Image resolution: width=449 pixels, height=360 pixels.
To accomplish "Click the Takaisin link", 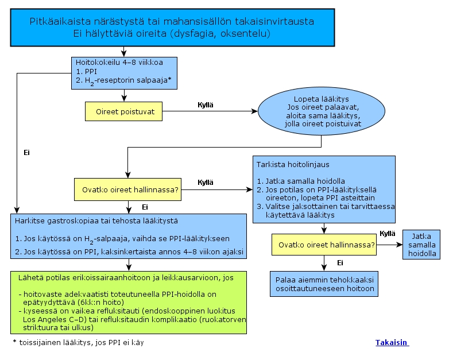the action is pos(392,343).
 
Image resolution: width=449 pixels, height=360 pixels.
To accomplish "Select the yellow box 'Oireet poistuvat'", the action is pos(123,111).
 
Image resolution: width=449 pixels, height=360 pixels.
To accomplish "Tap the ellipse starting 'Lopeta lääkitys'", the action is pos(322,111).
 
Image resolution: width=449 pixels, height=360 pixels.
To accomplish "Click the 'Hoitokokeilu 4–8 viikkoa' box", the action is pos(124,73).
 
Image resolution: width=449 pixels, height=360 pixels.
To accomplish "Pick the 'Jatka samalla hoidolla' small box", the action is pos(421,245).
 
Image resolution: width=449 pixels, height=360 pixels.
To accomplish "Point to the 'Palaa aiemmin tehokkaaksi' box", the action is pos(324,284).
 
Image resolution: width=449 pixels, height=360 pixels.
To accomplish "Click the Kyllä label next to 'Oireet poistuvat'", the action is pos(206,105).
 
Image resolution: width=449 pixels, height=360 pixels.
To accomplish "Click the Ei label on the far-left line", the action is pos(26,153).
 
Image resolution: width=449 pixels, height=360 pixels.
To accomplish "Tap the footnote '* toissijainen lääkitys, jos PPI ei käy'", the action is pos(79,343).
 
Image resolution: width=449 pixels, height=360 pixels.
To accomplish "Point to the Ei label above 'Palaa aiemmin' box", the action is pos(340,263).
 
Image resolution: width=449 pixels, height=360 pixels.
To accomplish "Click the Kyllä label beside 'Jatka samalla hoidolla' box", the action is pos(387,234).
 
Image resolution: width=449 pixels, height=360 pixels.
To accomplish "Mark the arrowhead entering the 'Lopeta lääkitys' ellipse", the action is pos(254,111).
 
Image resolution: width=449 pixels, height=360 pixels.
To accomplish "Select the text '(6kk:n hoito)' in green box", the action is pos(101,303).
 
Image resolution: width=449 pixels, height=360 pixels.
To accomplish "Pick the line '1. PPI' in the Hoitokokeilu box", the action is pos(87,71).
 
